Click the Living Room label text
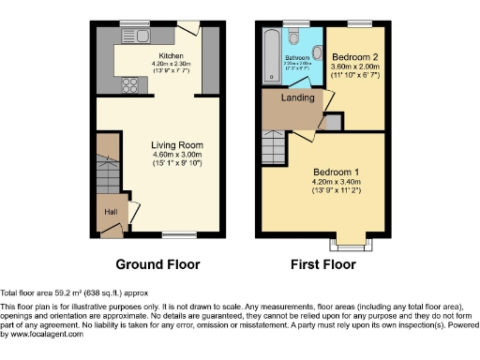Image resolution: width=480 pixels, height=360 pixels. click(177, 145)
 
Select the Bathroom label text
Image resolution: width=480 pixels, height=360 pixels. click(297, 58)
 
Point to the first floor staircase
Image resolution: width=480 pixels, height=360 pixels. click(273, 146)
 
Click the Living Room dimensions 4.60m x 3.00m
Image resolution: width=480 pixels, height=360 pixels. click(177, 155)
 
